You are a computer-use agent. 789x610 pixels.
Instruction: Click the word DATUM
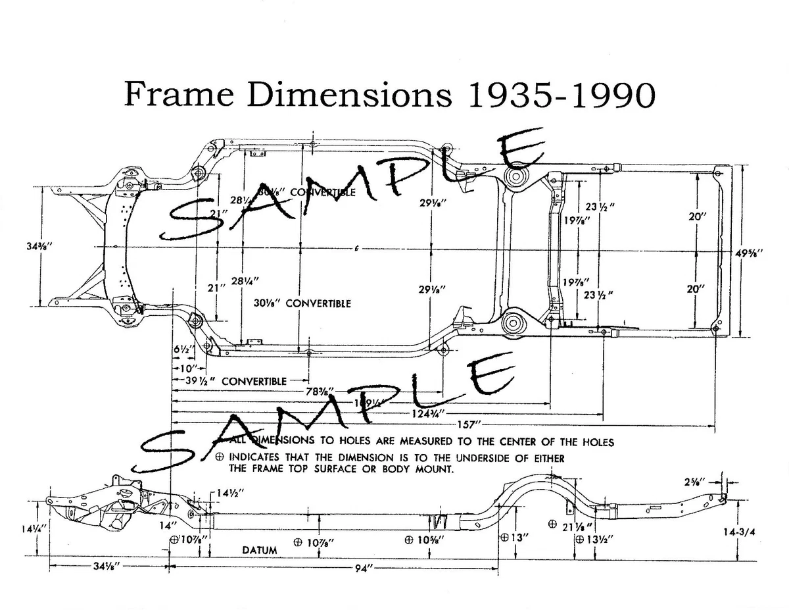[x=259, y=549]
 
